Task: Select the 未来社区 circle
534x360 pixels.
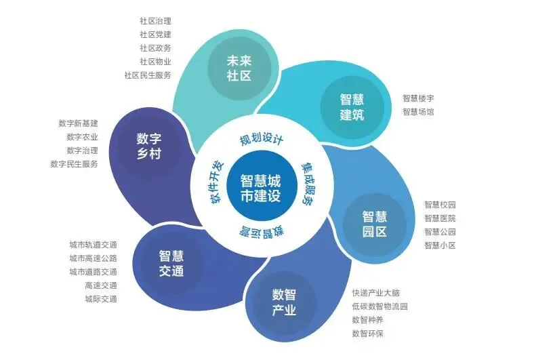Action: point(239,68)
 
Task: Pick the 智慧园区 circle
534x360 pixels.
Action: point(374,224)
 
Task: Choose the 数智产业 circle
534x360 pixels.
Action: point(284,302)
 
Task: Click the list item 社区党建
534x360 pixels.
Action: point(155,34)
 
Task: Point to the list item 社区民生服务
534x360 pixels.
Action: point(148,75)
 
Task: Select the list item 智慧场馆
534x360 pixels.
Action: point(419,111)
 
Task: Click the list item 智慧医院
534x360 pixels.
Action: point(440,218)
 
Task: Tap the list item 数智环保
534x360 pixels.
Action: point(368,333)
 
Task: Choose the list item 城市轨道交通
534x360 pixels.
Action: point(93,244)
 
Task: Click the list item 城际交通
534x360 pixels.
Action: point(101,298)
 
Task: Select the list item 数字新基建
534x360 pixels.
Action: point(79,123)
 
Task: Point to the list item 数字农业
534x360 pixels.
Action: point(83,137)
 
